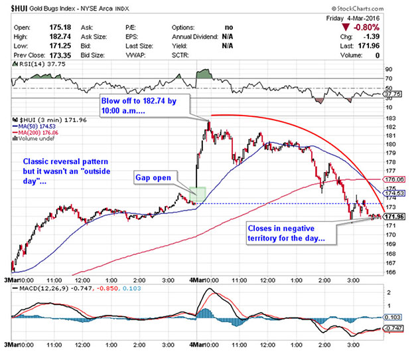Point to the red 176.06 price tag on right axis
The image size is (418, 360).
[x=395, y=179]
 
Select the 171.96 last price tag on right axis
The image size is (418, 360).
[x=395, y=217]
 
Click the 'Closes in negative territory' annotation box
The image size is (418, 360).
[x=287, y=232]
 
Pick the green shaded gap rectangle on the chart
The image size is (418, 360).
[x=198, y=195]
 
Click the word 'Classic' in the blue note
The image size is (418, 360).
[x=37, y=162]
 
